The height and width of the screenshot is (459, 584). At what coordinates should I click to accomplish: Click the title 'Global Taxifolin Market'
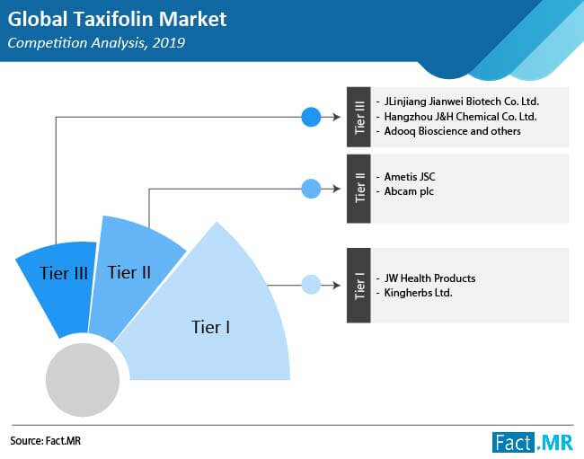click(117, 20)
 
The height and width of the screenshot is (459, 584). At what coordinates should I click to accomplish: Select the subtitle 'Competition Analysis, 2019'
click(96, 43)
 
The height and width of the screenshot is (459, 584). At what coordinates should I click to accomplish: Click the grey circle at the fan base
click(83, 379)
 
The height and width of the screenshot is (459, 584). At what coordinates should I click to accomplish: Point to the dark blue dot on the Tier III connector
click(311, 117)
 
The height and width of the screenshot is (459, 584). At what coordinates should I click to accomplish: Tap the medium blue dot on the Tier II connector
click(311, 189)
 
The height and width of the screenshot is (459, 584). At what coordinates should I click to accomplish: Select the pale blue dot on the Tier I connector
click(311, 285)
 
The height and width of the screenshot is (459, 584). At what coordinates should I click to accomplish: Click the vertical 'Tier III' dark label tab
click(358, 117)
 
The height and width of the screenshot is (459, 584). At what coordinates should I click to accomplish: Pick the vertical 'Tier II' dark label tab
click(358, 189)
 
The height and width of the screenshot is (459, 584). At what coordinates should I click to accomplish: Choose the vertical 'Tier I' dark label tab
click(358, 285)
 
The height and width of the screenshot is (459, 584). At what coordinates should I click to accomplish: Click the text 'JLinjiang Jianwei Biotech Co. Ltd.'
click(462, 102)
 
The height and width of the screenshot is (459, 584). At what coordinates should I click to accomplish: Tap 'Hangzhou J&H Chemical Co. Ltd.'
click(460, 117)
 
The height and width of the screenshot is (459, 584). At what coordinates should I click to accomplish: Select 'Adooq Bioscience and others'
click(453, 131)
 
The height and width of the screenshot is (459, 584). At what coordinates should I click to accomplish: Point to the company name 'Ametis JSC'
click(410, 176)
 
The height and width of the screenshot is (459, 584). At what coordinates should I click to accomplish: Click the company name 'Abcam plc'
click(409, 191)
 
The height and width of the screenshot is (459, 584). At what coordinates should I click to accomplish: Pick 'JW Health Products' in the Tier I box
click(429, 278)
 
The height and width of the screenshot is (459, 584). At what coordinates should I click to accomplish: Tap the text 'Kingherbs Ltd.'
click(419, 293)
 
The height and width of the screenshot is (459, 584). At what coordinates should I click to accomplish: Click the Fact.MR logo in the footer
click(533, 442)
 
